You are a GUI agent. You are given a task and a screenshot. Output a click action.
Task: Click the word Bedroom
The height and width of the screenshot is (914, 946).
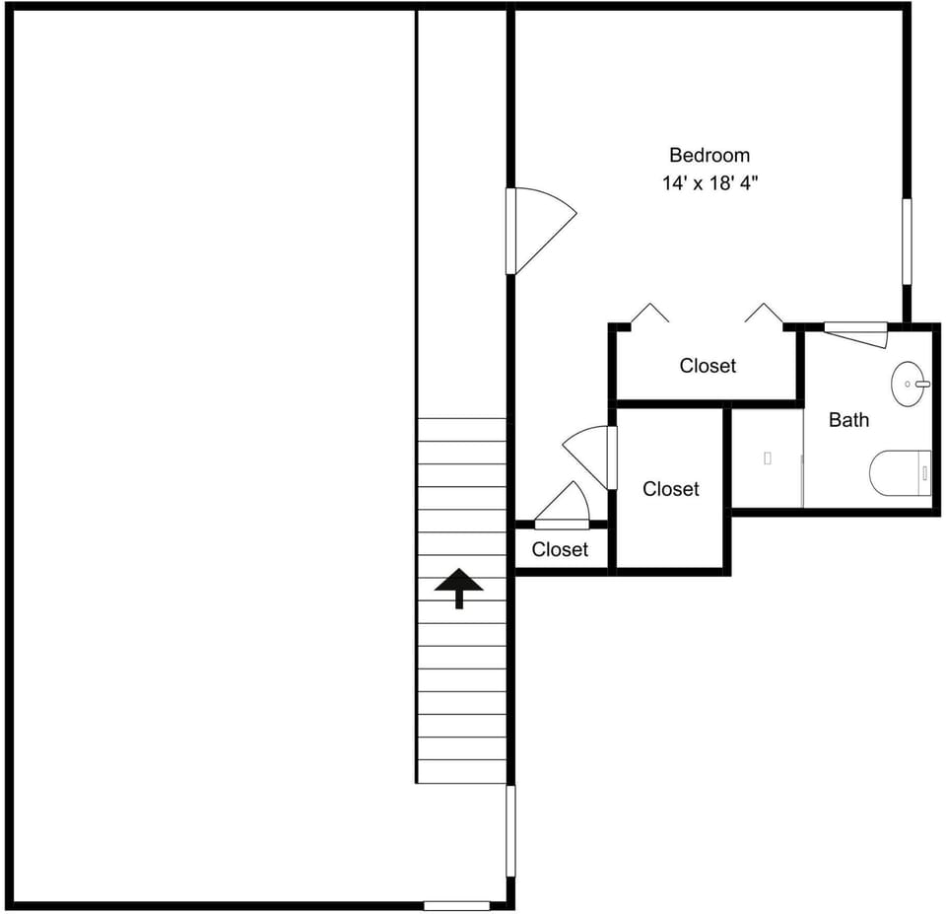(x=709, y=155)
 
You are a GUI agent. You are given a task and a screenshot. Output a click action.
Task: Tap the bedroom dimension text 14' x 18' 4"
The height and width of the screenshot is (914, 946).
(x=709, y=182)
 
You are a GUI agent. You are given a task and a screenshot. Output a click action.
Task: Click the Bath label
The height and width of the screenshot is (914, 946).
(x=848, y=420)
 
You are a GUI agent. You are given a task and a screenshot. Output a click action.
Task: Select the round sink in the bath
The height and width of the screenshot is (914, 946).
(x=908, y=384)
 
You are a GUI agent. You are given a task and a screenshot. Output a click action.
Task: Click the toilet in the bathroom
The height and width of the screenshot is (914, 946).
(x=900, y=473)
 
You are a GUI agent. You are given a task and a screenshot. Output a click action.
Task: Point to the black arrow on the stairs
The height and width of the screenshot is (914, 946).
(x=459, y=588)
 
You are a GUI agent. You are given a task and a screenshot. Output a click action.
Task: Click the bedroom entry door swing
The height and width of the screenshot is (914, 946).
(x=542, y=231)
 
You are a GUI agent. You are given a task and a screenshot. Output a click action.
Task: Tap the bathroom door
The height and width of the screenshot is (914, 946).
(x=856, y=334)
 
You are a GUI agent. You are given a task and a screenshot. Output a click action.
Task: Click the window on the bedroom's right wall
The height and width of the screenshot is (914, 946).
(x=907, y=241)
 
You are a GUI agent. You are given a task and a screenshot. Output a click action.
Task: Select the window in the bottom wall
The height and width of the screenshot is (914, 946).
(x=456, y=905)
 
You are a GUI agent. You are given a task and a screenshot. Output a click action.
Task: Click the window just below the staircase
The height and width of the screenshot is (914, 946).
(x=510, y=831)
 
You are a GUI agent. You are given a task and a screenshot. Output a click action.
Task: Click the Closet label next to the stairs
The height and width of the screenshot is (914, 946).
(x=560, y=549)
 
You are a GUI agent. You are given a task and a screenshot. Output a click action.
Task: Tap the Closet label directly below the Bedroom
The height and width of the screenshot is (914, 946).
(x=708, y=365)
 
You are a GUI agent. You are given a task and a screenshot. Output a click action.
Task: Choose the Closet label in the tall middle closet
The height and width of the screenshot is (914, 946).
(x=671, y=489)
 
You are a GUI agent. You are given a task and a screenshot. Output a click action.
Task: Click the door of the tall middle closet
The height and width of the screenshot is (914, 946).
(x=588, y=457)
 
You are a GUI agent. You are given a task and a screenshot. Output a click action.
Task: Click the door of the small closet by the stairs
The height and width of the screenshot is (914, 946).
(x=562, y=505)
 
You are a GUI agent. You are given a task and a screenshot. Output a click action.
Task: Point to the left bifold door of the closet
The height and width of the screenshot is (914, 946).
(x=649, y=313)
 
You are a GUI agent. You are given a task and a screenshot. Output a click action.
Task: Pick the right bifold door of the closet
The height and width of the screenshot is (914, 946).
(x=764, y=313)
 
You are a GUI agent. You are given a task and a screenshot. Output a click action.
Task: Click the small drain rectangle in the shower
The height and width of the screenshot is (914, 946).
(x=768, y=458)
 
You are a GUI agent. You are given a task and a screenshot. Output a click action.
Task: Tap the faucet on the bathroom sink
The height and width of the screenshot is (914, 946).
(x=922, y=384)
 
